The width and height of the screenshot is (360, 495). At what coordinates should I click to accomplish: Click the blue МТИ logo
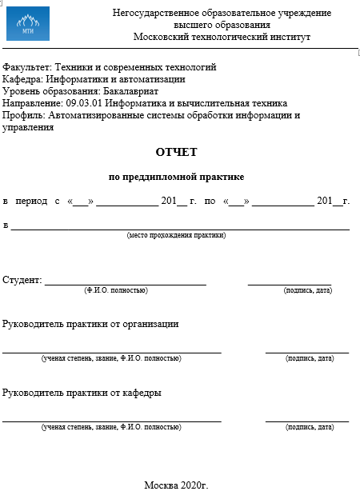[x=27, y=24]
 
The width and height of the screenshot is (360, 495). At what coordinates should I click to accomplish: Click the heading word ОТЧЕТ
[x=176, y=152]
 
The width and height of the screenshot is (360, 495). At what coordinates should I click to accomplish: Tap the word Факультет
[x=25, y=67]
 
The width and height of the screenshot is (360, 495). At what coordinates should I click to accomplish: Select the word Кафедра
[x=22, y=79]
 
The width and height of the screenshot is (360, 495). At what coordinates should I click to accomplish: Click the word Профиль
[x=23, y=115]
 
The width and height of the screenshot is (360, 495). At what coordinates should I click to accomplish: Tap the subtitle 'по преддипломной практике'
[x=176, y=177]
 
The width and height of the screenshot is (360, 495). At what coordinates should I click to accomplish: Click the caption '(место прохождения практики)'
[x=176, y=235]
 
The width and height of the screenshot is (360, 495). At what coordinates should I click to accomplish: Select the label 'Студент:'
[x=22, y=280]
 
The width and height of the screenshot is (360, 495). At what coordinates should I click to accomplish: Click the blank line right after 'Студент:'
[x=125, y=282]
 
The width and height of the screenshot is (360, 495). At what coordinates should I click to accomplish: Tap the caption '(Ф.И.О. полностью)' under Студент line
[x=116, y=290]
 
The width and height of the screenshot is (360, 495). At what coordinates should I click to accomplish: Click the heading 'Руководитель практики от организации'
[x=90, y=324]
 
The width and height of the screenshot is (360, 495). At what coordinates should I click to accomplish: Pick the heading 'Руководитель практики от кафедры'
[x=82, y=393]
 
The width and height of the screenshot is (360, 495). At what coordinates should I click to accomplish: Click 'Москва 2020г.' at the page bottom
[x=176, y=485]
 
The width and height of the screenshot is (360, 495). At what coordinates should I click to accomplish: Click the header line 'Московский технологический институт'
[x=222, y=37]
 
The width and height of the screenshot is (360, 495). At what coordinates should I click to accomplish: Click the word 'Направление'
[x=30, y=103]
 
